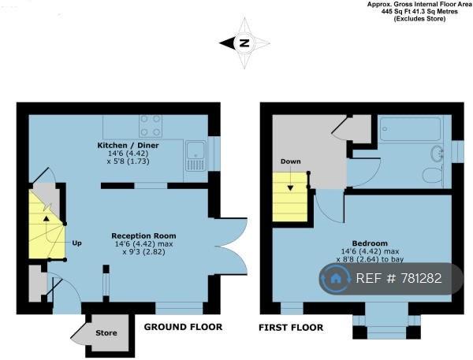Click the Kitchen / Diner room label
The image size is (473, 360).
coord(128,145)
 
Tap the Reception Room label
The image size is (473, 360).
coord(143,236)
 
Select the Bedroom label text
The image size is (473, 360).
coord(370,243)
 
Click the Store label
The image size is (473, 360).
coord(106,333)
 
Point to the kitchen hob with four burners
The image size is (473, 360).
coord(151,126)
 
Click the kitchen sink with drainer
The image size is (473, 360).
coord(196,156)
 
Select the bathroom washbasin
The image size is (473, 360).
coord(436,152)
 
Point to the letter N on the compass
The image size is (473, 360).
coord(244,43)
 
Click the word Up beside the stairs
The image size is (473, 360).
coord(76,243)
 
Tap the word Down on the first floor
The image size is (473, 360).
coord(290,161)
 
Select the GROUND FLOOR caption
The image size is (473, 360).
coord(183,327)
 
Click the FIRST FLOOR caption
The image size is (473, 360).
coord(291,328)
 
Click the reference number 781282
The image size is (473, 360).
coord(421,278)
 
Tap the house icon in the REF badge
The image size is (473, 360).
coord(336,278)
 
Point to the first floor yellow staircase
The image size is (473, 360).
coord(290,197)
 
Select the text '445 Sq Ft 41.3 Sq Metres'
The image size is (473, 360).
coord(419,12)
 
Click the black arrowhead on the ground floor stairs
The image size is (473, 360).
coord(47,218)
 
